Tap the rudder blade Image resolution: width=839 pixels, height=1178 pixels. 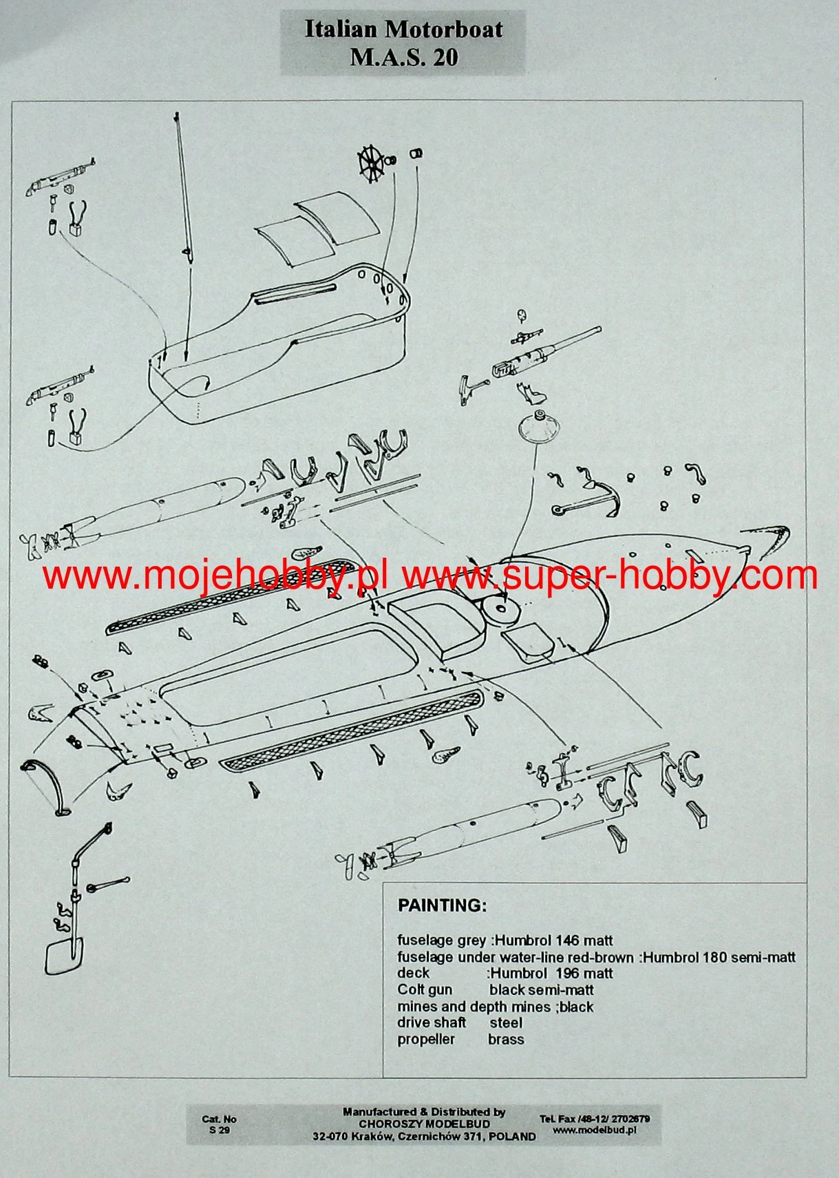coord(64,957)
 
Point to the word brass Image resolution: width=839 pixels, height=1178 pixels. coord(506,1039)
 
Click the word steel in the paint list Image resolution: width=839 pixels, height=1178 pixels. coord(507,1022)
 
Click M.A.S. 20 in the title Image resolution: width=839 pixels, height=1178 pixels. coord(404,57)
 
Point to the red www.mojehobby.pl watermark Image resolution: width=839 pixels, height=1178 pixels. coord(215,576)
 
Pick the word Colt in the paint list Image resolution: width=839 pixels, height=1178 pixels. coord(410,990)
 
